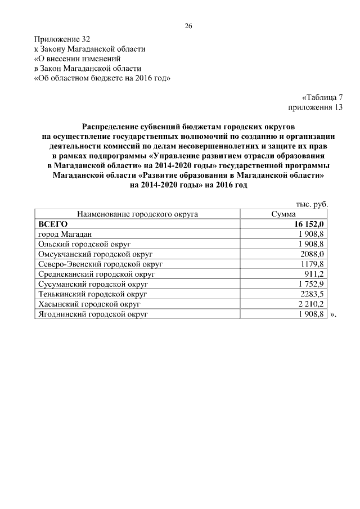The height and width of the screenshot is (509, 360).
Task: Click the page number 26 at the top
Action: (x=189, y=26)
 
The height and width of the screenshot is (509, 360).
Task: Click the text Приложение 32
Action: (x=62, y=39)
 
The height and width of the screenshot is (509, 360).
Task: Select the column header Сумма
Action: (x=283, y=214)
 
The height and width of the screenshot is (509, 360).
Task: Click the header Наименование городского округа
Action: (x=138, y=214)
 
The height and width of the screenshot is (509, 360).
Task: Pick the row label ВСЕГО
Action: (x=52, y=224)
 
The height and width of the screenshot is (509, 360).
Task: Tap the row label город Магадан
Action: (x=65, y=235)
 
